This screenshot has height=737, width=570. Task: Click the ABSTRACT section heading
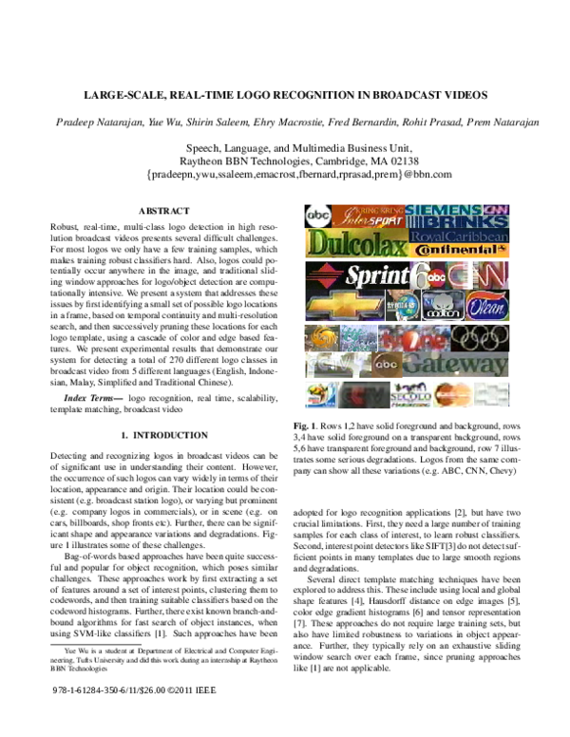click(163, 210)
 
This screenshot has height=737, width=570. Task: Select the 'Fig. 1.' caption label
click(306, 426)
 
